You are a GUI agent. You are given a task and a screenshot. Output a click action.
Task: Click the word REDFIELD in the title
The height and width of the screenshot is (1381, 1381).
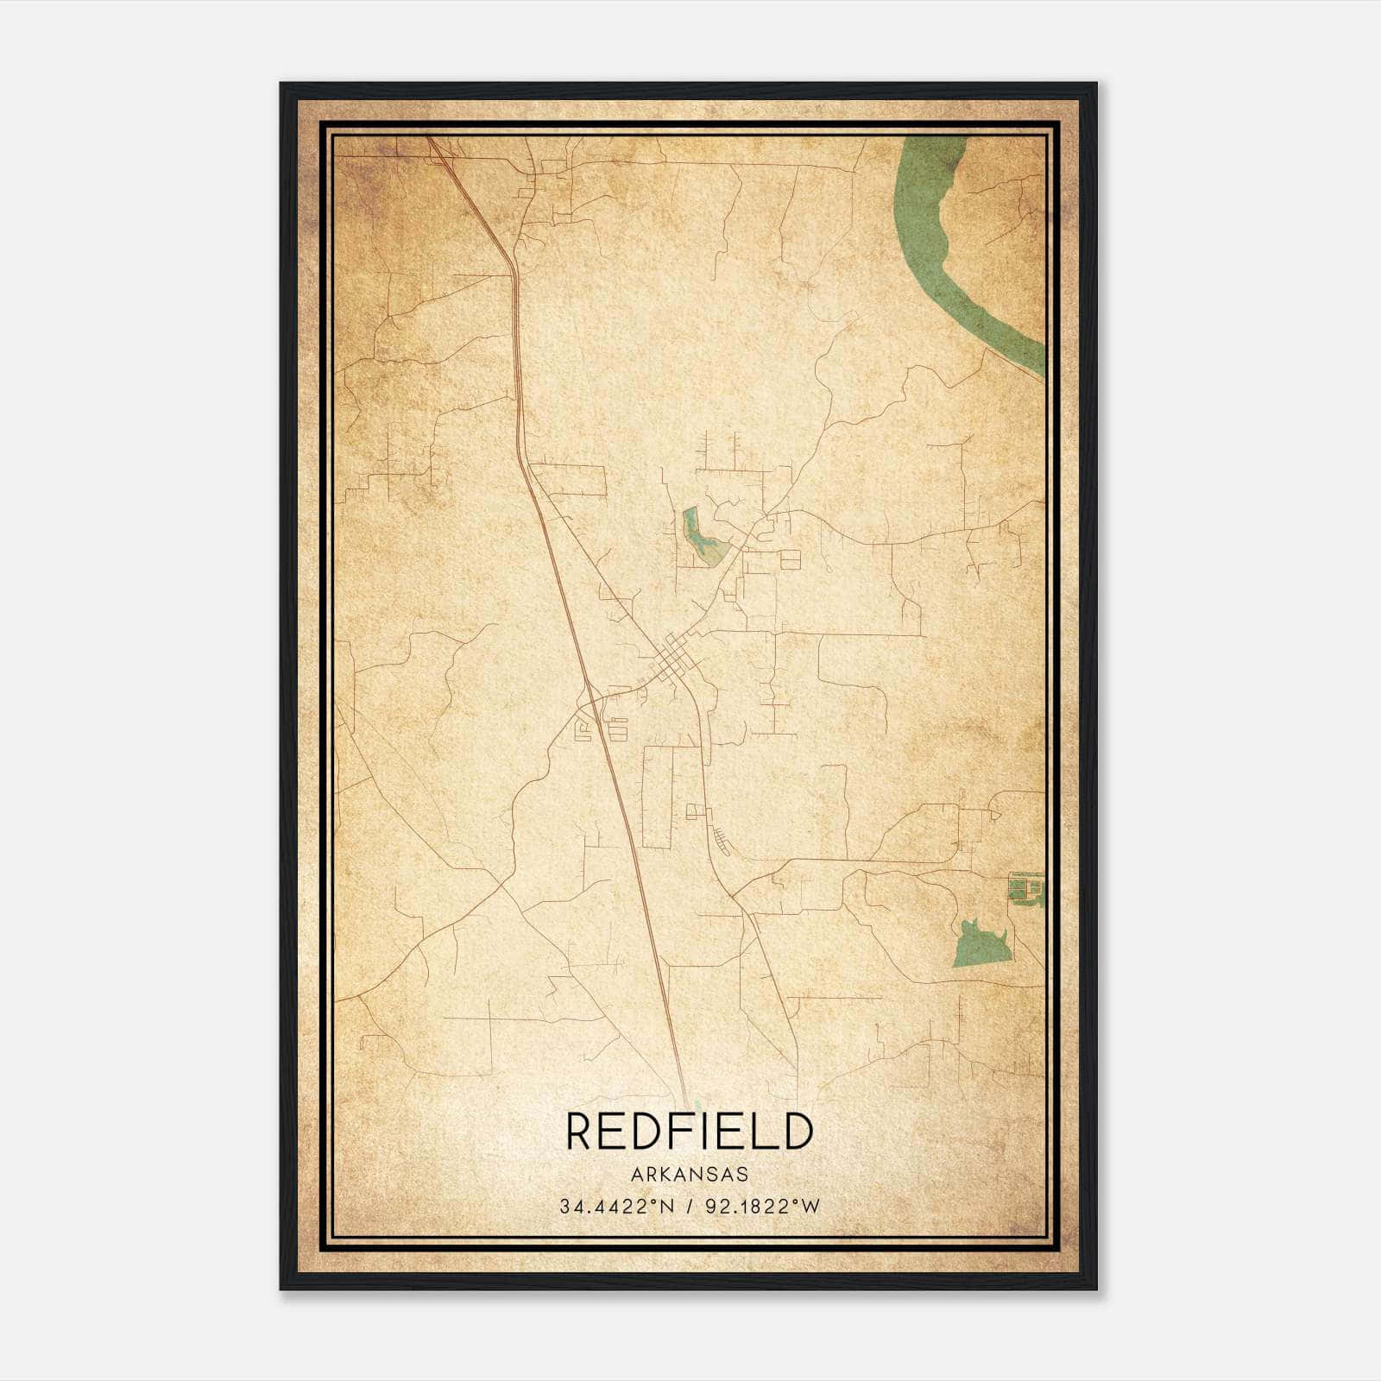[690, 1131]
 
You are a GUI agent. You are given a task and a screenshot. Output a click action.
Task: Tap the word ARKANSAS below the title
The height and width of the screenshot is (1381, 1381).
[690, 1175]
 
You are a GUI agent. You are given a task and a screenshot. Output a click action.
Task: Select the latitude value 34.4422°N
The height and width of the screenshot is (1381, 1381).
[615, 1207]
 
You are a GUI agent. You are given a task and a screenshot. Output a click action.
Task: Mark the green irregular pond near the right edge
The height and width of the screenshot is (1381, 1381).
[980, 945]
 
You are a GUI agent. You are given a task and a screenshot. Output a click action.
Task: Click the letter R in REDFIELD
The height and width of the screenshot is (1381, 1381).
[581, 1131]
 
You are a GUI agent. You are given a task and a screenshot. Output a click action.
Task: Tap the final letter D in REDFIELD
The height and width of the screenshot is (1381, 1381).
[797, 1131]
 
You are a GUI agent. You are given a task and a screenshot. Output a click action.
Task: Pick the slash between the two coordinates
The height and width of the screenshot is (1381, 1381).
[690, 1207]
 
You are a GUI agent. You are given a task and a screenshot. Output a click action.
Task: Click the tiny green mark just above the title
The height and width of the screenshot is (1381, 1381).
[697, 1104]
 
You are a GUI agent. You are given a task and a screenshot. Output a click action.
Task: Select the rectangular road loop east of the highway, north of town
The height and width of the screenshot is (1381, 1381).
[570, 480]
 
